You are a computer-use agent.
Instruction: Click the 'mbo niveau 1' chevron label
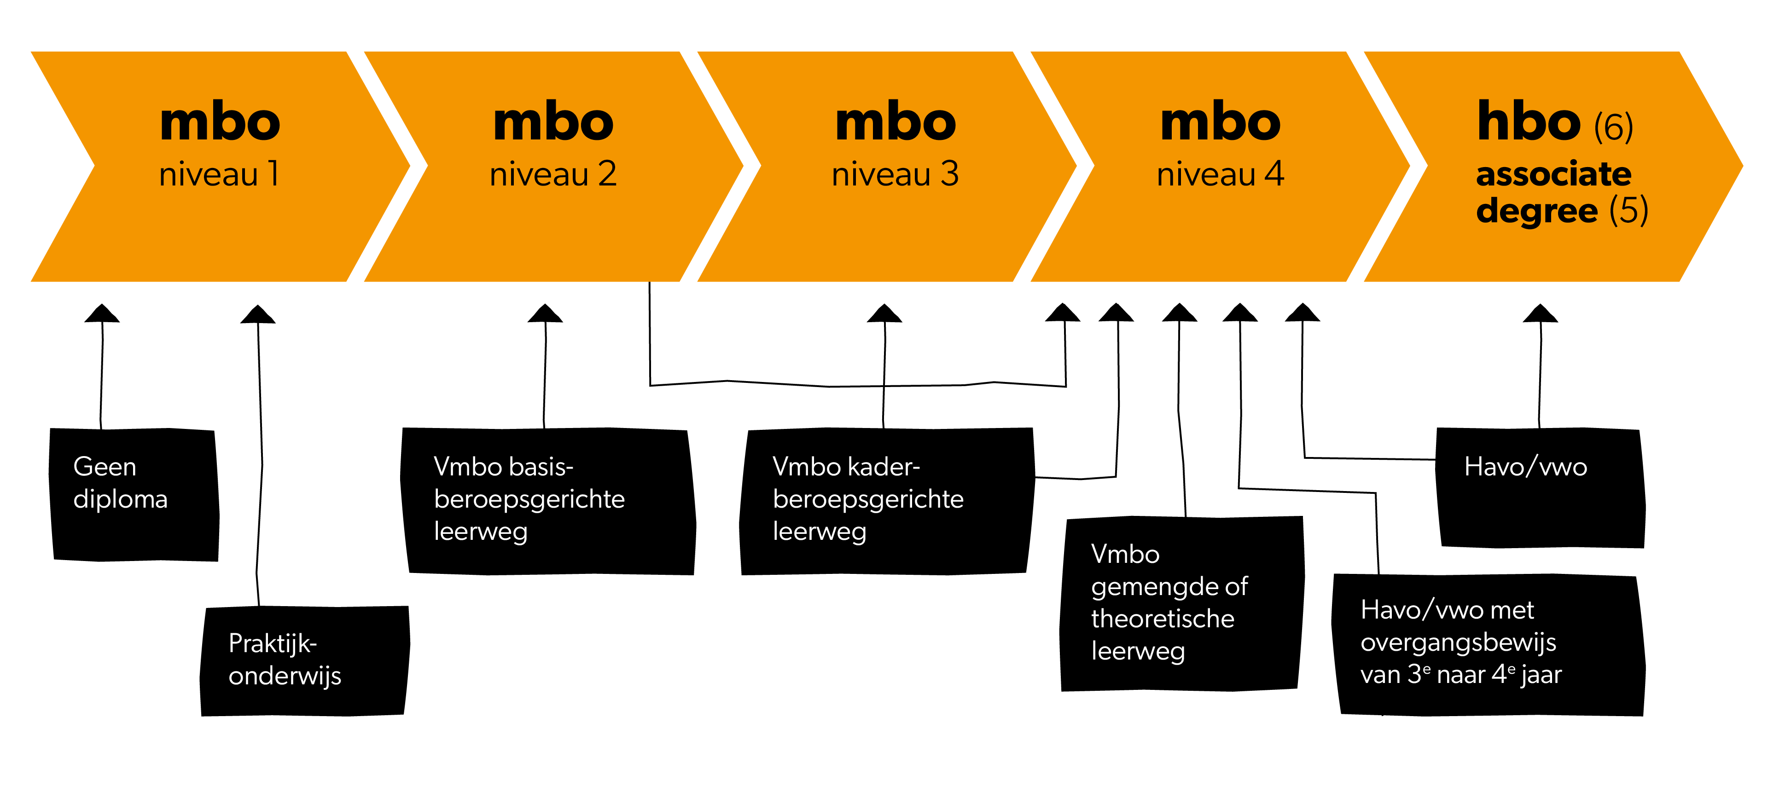[220, 144]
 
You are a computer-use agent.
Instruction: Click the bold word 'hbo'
[1529, 121]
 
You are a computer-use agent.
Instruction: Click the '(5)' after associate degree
[1628, 211]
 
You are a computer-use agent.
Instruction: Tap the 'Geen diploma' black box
[134, 494]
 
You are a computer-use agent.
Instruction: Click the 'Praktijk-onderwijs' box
[304, 660]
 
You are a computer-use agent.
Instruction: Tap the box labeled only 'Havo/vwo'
[1540, 487]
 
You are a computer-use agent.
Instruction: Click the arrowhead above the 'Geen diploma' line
[102, 314]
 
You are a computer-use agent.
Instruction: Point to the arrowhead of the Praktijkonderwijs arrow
[257, 315]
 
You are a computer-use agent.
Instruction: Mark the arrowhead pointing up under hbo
[1540, 314]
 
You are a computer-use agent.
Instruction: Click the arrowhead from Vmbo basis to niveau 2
[545, 314]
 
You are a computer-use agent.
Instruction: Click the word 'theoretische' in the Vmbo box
[1162, 619]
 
